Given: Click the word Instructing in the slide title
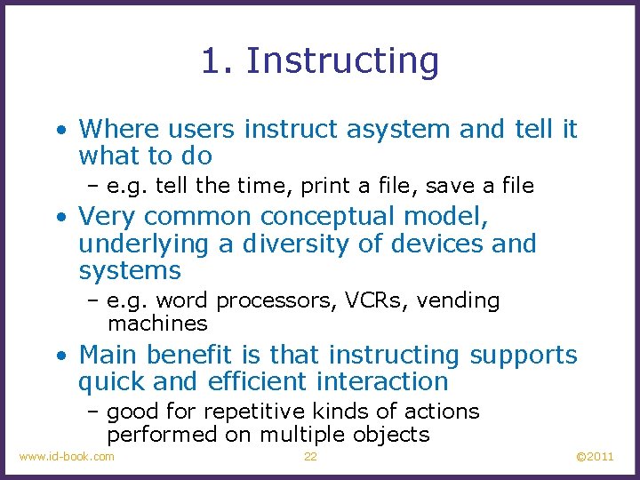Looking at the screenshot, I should pyautogui.click(x=342, y=61).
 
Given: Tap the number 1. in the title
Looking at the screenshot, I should pyautogui.click(x=218, y=61).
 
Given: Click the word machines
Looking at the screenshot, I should pyautogui.click(x=157, y=324).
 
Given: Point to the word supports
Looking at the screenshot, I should pyautogui.click(x=524, y=355).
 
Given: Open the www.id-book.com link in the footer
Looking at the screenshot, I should pyautogui.click(x=67, y=457).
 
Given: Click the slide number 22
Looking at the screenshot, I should pyautogui.click(x=310, y=457).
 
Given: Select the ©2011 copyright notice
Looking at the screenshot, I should pyautogui.click(x=595, y=457).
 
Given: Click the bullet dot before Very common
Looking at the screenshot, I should pyautogui.click(x=60, y=217).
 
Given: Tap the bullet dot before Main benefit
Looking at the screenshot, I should pyautogui.click(x=60, y=356).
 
